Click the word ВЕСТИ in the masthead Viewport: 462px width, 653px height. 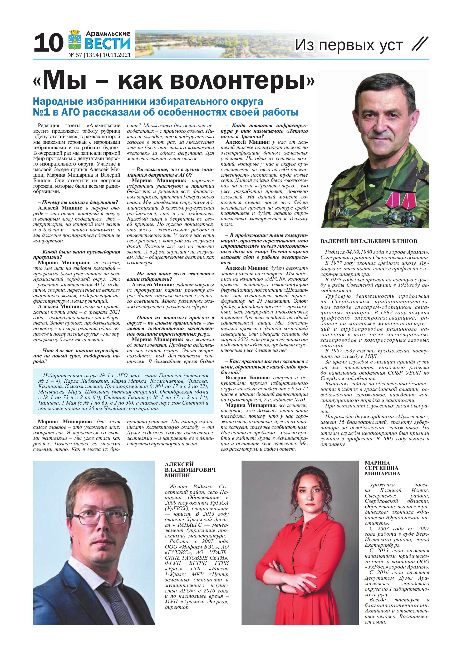[108, 44]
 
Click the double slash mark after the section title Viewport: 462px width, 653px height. [420, 45]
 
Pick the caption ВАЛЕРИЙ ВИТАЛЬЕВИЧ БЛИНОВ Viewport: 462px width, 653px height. [369, 241]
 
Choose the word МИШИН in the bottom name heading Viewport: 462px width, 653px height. [174, 475]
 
